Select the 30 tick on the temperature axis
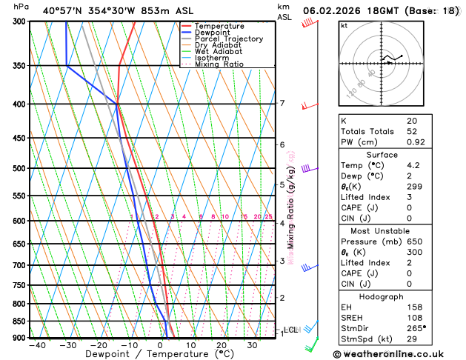(x=252, y=345)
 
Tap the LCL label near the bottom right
(x=290, y=330)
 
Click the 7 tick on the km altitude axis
(x=282, y=103)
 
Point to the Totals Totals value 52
(x=412, y=131)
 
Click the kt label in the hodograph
(x=344, y=25)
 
